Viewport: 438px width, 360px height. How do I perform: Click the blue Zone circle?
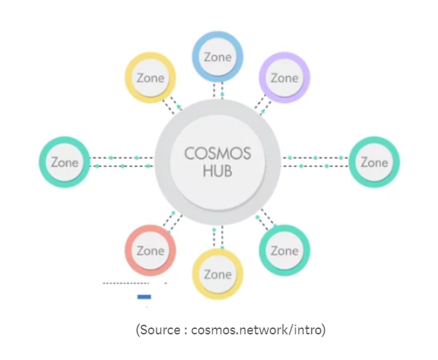217,57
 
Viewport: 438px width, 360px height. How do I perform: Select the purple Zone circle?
284,78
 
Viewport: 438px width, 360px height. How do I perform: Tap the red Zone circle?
150,251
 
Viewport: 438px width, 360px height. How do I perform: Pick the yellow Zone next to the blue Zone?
150,78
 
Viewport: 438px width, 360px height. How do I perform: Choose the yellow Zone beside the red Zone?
217,274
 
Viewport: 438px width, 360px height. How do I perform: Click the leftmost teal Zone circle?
64,163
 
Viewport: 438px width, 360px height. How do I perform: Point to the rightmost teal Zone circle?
374,163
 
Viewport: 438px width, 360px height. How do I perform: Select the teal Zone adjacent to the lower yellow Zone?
284,251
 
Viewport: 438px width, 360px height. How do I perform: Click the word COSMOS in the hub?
217,153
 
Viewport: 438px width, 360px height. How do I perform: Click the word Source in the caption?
162,330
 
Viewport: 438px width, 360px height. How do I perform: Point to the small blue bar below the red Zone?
144,297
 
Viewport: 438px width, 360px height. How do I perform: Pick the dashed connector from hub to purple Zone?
261,105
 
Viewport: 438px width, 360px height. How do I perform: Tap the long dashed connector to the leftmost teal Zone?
122,162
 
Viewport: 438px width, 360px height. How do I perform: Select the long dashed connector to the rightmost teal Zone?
315,162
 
